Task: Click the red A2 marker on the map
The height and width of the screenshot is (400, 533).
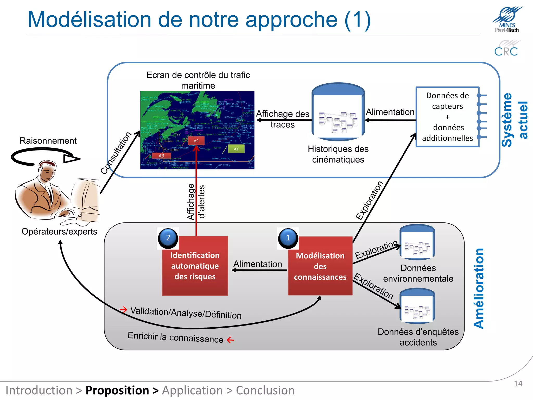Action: pos(196,141)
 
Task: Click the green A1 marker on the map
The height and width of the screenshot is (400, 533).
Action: pos(236,149)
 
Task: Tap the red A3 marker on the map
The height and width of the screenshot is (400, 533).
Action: pos(161,156)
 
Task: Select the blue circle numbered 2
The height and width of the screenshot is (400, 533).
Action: pos(168,238)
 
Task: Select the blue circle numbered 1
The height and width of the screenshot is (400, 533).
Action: pos(288,238)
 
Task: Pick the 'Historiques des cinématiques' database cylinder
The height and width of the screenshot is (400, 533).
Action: pos(338,112)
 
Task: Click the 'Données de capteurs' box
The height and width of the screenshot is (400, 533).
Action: pos(447,117)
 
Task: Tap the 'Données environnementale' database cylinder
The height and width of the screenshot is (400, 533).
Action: pos(417,242)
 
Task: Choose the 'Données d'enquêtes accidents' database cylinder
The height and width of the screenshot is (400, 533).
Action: pos(417,306)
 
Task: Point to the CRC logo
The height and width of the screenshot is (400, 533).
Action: pos(506,48)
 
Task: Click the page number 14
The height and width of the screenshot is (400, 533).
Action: pos(518,384)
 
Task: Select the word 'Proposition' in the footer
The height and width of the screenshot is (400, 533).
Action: pos(117,390)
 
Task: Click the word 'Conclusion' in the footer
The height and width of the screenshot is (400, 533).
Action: pos(265,390)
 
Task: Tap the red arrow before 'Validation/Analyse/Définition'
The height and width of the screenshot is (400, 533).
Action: pos(123,310)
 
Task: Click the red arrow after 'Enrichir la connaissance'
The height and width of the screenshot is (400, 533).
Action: pos(231,340)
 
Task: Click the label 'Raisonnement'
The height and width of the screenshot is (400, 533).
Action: pos(48,141)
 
